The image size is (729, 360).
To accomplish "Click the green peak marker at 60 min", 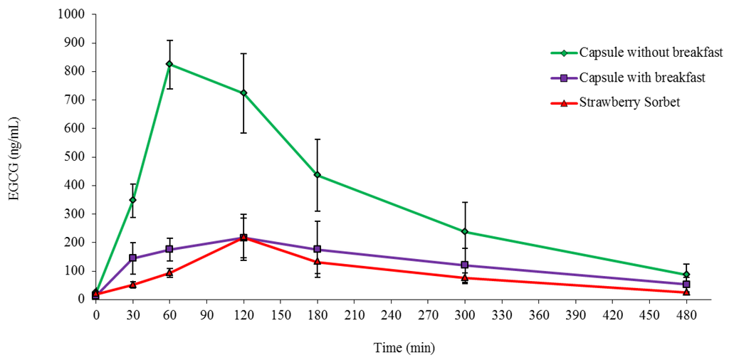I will tap(169, 64).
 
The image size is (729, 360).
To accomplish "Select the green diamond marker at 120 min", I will tap(243, 92).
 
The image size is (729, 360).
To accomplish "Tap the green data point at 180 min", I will tap(318, 174).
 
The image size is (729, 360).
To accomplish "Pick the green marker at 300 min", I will tap(465, 231).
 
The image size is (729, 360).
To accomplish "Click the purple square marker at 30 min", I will tap(132, 258).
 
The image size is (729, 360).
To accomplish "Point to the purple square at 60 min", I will tap(169, 249).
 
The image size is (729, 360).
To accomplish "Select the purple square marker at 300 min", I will tap(465, 265).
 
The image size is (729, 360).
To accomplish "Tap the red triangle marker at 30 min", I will tap(132, 285).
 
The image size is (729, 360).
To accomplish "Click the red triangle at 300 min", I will tap(465, 277).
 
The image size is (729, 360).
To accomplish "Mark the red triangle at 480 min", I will tap(686, 292).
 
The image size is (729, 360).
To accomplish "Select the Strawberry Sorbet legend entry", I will tap(629, 102).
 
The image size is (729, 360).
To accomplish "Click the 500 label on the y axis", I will tap(77, 157).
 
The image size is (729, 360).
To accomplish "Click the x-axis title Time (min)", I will tap(404, 348).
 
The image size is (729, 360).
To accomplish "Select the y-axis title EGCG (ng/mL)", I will tap(14, 157).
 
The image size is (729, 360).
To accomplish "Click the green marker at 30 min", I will tap(132, 200).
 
